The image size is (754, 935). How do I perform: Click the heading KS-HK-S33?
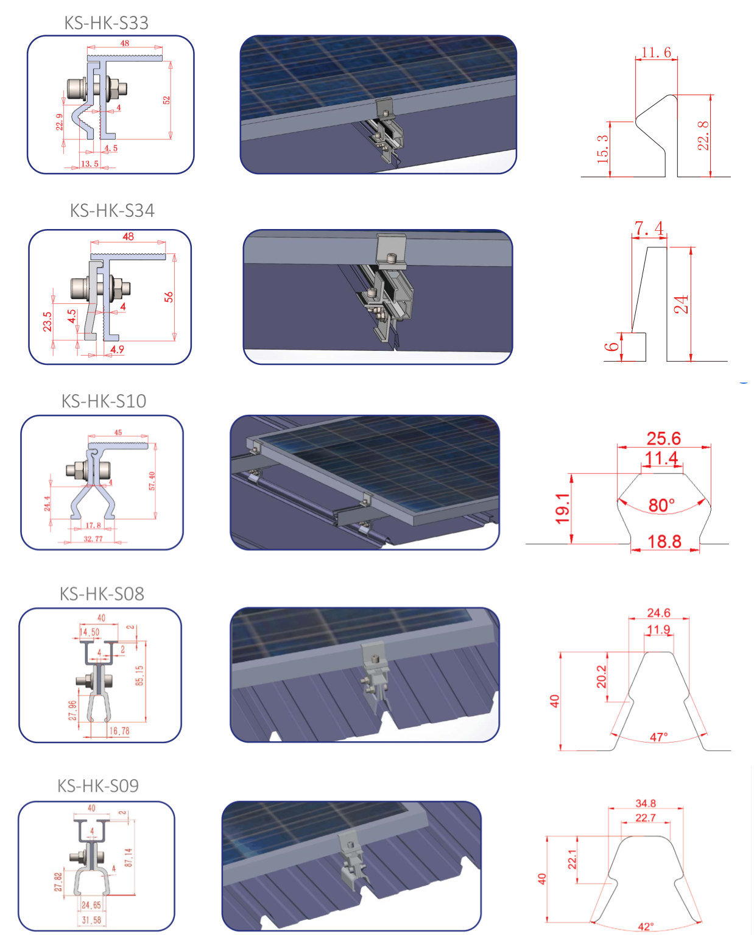(x=107, y=23)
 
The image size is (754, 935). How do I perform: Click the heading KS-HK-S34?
(x=112, y=211)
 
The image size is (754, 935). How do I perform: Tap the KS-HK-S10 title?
(x=104, y=401)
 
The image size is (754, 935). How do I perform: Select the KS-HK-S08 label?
(x=102, y=594)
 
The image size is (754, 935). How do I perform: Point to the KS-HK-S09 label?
(x=98, y=786)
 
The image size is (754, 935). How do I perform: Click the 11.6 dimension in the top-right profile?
(x=656, y=53)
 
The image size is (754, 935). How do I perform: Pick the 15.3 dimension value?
(x=603, y=149)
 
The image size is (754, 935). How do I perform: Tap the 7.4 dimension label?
(x=649, y=229)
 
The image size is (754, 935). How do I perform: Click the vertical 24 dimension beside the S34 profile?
(x=682, y=304)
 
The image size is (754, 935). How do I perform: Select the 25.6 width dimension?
(x=663, y=439)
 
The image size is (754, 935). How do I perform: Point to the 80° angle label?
(x=661, y=506)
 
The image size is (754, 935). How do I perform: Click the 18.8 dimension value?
(x=664, y=542)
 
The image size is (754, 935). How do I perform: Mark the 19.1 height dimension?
(x=563, y=509)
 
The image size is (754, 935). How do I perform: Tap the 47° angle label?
(x=659, y=737)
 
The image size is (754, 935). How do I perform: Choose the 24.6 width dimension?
(x=658, y=613)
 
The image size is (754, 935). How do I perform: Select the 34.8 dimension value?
(x=646, y=803)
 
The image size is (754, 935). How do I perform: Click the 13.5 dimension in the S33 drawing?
(x=90, y=164)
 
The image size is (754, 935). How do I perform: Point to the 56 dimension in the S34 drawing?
(x=169, y=297)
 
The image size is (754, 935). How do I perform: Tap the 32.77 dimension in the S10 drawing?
(x=93, y=539)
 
